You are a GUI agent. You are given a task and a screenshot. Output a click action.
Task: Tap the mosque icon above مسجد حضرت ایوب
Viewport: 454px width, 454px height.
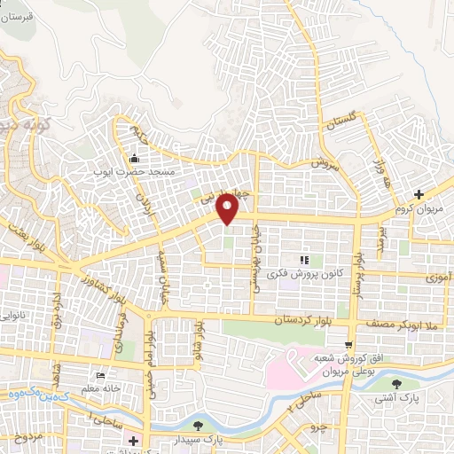tap(134, 159)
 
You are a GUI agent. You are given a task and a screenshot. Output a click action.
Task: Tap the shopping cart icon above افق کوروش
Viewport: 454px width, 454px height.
tap(349, 344)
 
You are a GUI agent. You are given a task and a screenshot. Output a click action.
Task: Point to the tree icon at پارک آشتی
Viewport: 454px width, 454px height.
tap(395, 385)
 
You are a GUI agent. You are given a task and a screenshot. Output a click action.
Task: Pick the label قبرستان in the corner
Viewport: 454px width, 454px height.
tap(18, 16)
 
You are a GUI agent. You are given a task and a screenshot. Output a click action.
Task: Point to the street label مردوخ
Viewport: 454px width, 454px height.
tap(29, 438)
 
